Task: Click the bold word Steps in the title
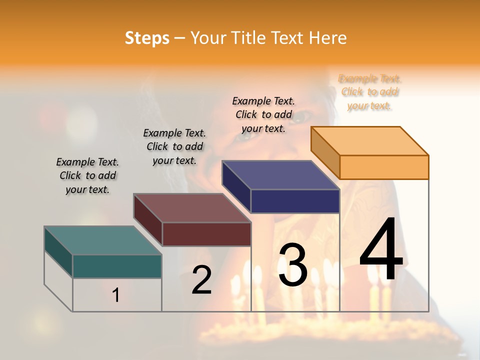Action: click(147, 38)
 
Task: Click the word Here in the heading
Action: click(327, 38)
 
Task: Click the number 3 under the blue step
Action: click(292, 265)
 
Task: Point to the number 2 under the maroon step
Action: click(201, 280)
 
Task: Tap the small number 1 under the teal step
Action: click(116, 295)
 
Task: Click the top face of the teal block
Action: click(103, 240)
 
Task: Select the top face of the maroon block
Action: click(192, 208)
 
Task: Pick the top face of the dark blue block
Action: click(281, 175)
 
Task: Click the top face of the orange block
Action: click(370, 140)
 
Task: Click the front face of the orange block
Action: click(384, 167)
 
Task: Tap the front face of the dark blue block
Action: click(295, 201)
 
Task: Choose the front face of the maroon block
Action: click(206, 234)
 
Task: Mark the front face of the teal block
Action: click(117, 266)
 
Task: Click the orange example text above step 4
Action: click(370, 92)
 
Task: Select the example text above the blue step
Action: click(263, 114)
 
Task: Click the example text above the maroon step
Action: click(174, 146)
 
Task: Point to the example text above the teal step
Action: click(87, 175)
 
